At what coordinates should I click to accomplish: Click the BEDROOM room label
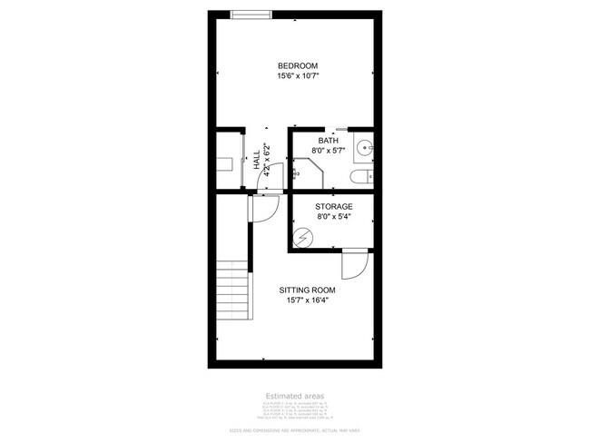click(x=297, y=65)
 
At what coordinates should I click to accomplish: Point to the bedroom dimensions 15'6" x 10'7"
click(x=298, y=77)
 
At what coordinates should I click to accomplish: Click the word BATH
click(x=328, y=140)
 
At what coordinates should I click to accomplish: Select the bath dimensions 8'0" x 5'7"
click(x=328, y=151)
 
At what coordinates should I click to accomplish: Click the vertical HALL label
click(x=257, y=162)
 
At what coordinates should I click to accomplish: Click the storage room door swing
click(x=353, y=267)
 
